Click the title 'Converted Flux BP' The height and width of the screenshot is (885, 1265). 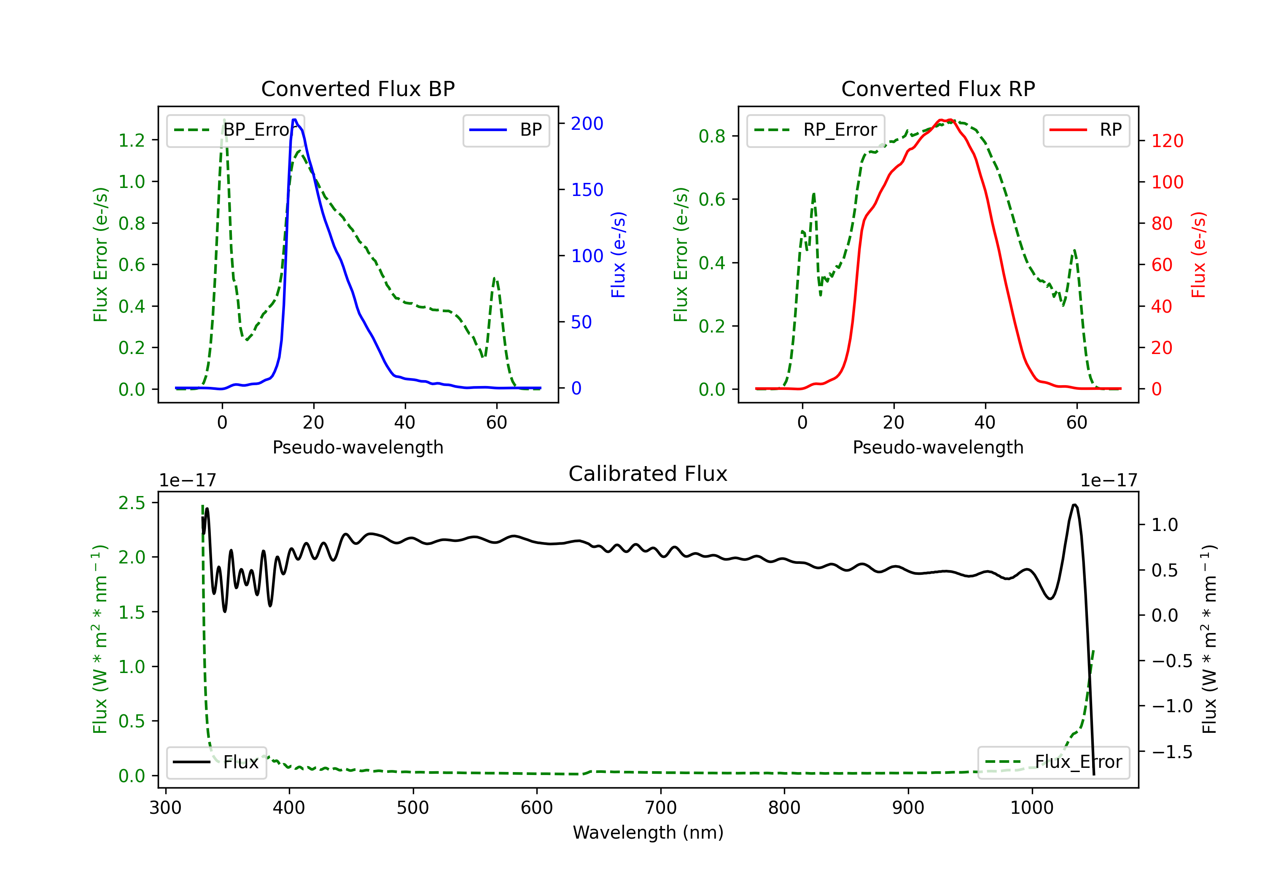tap(358, 88)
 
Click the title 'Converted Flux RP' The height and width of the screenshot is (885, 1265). tap(938, 88)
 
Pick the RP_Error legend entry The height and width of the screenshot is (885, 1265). tap(816, 130)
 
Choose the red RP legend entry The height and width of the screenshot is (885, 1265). tap(1086, 130)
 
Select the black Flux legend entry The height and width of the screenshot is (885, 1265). tap(216, 762)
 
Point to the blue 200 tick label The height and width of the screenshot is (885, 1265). tap(587, 123)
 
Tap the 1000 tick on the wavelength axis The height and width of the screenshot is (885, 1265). tap(1031, 808)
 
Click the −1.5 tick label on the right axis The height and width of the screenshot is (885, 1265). tap(1171, 752)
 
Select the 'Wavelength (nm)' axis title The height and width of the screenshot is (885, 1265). tap(648, 833)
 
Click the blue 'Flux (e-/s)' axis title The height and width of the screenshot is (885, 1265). tap(618, 255)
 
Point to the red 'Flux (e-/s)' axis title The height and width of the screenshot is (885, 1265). tap(1198, 255)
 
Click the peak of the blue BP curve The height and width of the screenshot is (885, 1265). tap(295, 120)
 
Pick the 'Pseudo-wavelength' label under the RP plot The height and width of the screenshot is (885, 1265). tap(938, 447)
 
